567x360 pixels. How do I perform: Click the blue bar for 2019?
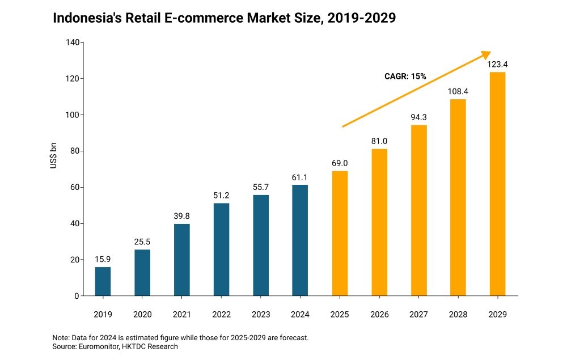(x=103, y=281)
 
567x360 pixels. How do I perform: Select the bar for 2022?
(x=221, y=249)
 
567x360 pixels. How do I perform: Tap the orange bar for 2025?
(x=340, y=234)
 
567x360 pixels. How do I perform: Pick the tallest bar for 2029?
(x=497, y=184)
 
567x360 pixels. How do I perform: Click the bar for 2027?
(x=418, y=210)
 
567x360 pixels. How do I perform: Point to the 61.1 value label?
(x=300, y=177)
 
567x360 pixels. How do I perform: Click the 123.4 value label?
(x=497, y=65)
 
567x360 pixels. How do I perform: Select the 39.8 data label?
(x=181, y=216)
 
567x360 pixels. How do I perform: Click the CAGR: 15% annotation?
(x=405, y=76)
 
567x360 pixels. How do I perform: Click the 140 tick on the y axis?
(x=71, y=43)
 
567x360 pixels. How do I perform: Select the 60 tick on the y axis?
(x=74, y=187)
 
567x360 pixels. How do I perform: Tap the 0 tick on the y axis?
(x=76, y=296)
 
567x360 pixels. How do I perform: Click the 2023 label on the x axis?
(x=260, y=314)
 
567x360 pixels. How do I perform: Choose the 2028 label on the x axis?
(x=458, y=314)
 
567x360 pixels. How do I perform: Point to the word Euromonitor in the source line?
(x=100, y=346)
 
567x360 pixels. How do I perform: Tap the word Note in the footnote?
(x=60, y=337)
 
